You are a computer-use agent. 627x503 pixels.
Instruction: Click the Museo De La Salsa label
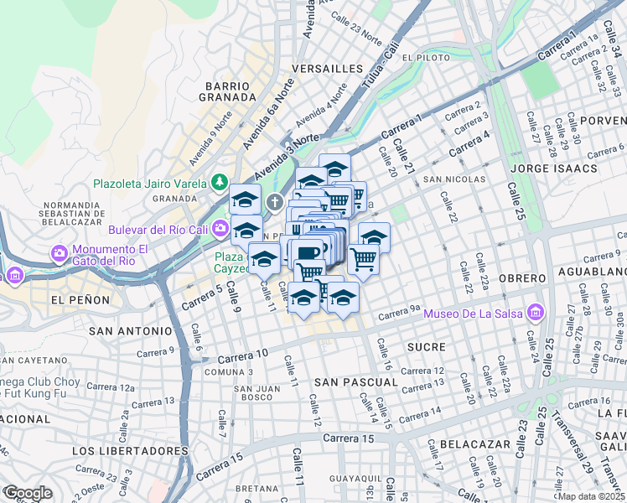point(474,314)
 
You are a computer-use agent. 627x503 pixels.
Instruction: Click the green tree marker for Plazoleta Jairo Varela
point(220,181)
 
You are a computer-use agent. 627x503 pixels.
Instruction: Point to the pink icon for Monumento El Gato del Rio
point(60,252)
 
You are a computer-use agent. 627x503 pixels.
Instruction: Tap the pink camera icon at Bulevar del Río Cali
point(220,228)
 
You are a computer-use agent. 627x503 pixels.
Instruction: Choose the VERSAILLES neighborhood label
point(327,68)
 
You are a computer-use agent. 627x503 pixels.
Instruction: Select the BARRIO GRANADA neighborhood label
point(227,91)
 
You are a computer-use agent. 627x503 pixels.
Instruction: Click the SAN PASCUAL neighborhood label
point(355,381)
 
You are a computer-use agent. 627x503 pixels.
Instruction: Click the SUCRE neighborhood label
point(426,346)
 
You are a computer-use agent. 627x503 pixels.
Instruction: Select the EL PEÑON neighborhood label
point(80,299)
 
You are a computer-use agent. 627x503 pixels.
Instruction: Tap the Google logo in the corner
point(28,493)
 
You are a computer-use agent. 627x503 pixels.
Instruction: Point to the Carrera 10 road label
point(245,355)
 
